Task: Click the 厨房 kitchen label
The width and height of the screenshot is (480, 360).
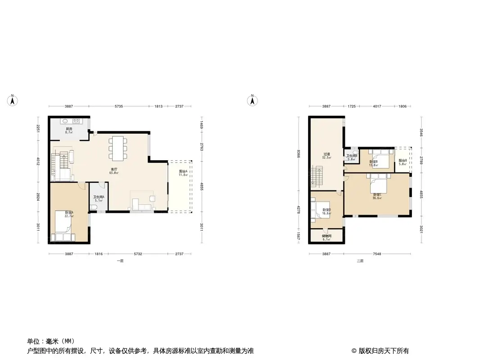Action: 68,129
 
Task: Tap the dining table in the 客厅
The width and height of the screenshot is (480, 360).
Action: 118,148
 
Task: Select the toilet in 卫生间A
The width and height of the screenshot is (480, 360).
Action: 93,207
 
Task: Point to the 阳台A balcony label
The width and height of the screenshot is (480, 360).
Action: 183,172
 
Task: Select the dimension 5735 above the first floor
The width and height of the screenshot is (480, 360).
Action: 118,106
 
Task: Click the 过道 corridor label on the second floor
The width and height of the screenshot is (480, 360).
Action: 326,154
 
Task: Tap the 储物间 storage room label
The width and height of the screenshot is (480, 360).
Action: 326,236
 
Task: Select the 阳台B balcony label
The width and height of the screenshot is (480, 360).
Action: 403,161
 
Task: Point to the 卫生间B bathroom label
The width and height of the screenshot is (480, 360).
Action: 351,156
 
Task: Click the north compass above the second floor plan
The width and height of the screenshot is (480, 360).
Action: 253,100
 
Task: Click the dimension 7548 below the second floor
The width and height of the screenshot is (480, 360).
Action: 377,254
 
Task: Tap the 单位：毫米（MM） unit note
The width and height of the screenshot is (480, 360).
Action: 51,341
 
